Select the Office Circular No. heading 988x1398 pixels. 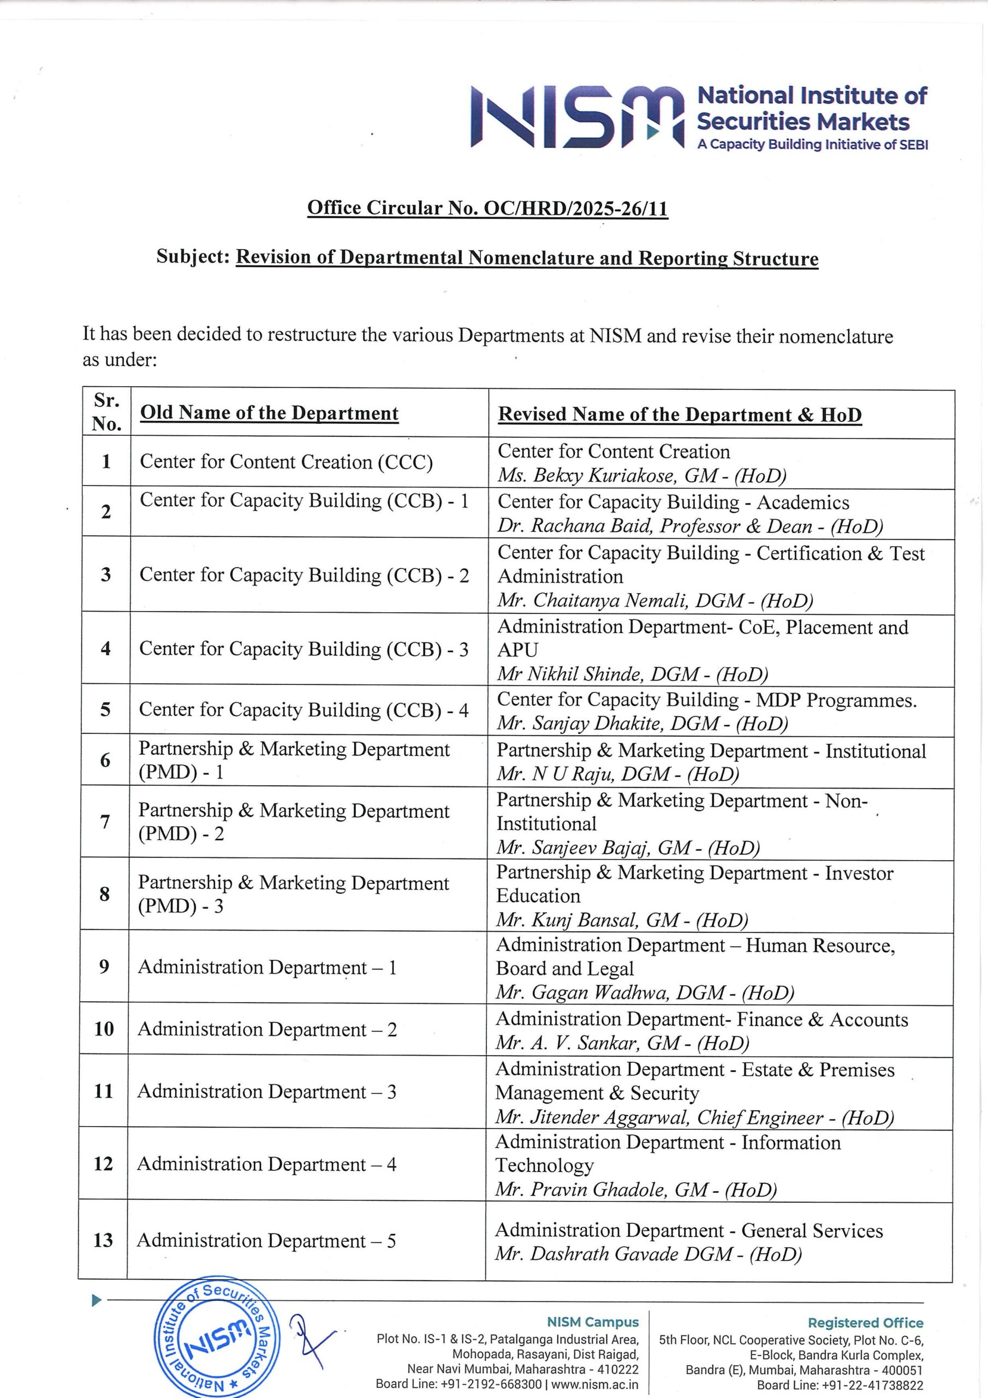click(487, 208)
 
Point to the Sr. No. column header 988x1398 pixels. click(106, 412)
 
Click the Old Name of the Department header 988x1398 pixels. click(269, 413)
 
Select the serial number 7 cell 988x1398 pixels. click(105, 822)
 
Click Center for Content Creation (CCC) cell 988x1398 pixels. click(286, 461)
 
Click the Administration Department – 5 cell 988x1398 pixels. click(266, 1240)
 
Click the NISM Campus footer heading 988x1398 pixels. click(592, 1322)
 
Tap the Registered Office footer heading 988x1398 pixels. click(865, 1323)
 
